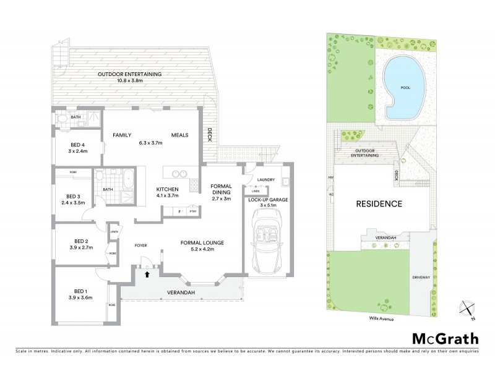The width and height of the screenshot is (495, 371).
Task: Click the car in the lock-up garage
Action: [268, 240]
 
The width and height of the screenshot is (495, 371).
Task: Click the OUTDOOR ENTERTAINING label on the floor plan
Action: [129, 75]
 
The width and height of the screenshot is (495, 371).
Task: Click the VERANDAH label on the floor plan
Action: [182, 292]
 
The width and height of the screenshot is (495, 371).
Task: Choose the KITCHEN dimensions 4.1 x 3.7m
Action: [167, 195]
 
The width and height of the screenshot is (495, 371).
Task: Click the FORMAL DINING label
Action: [221, 190]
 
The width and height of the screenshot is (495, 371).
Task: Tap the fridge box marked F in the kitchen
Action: [179, 212]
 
